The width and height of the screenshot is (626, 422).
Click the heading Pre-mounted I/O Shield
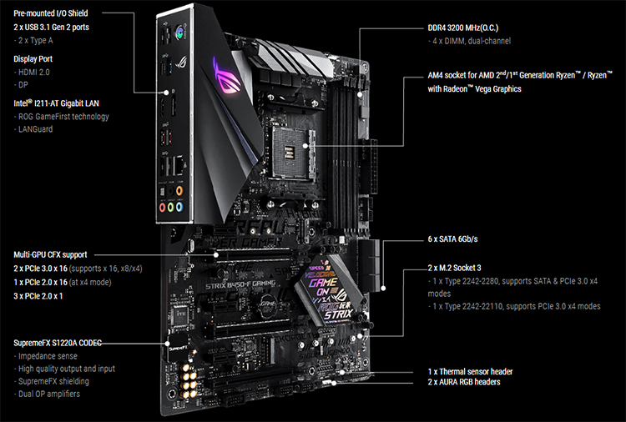click(51, 13)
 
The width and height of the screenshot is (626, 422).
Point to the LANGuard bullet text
click(37, 130)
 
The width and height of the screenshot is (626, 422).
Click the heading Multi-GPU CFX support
click(63, 254)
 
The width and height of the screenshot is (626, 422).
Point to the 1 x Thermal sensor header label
click(469, 371)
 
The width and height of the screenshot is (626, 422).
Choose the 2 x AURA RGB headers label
click(465, 382)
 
